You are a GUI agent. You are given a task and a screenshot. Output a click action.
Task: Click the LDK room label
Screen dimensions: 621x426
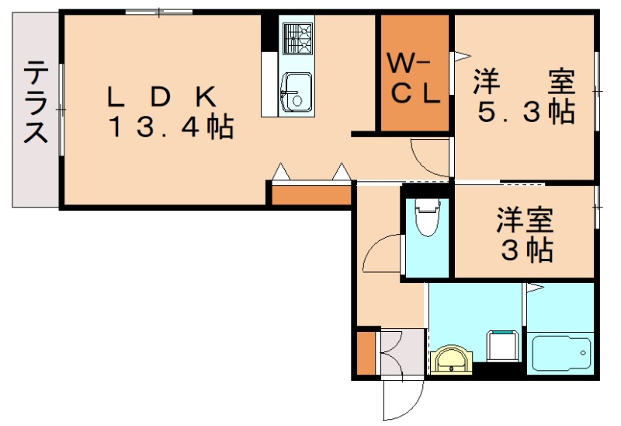[x=162, y=96]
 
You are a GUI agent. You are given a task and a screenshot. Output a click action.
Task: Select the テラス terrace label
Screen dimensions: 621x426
[x=36, y=102]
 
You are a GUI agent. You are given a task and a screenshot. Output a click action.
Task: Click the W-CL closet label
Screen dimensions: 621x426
[x=414, y=79]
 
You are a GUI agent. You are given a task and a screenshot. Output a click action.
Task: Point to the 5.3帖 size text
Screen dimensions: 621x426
[x=526, y=111]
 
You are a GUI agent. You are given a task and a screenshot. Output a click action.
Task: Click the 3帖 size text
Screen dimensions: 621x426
[x=527, y=249]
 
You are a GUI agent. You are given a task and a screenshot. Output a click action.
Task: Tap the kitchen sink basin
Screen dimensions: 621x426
[x=297, y=93]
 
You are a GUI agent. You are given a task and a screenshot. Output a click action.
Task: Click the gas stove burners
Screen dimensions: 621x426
[x=297, y=38]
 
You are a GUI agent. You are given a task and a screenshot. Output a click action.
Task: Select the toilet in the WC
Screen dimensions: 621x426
[x=428, y=217]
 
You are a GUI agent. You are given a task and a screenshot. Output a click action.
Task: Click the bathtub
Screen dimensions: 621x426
[x=560, y=353]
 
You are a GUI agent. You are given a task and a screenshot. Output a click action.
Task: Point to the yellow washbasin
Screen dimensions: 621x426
[x=452, y=360]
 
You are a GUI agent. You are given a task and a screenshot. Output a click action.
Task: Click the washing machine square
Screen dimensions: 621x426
[x=502, y=346]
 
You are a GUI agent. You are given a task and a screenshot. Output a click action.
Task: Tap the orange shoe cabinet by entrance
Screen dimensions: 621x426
[x=366, y=353]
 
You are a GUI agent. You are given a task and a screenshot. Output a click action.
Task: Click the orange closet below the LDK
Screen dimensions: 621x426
[x=312, y=195]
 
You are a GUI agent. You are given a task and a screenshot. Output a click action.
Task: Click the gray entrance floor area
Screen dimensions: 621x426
[x=403, y=352]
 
